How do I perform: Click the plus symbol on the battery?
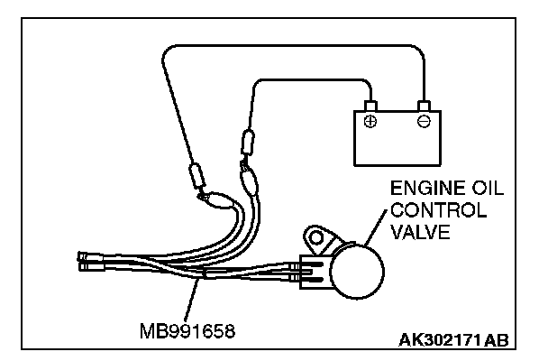pos(370,120)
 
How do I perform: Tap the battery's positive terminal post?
pos(370,106)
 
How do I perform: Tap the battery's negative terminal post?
pos(422,106)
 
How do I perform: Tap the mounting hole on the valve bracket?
pos(315,239)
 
